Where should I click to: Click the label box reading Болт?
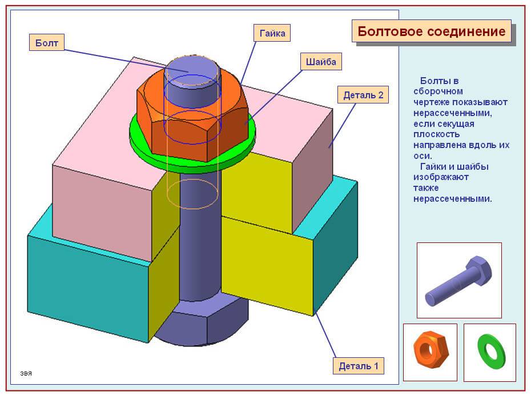46,43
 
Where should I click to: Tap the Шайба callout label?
320,62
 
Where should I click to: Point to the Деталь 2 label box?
363,95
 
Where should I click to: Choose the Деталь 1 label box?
359,366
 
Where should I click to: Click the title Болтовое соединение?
431,31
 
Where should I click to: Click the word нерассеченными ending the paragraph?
452,199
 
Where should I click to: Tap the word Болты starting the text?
433,81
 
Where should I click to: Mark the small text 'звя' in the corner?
26,374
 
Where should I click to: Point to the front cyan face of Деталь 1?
86,286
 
